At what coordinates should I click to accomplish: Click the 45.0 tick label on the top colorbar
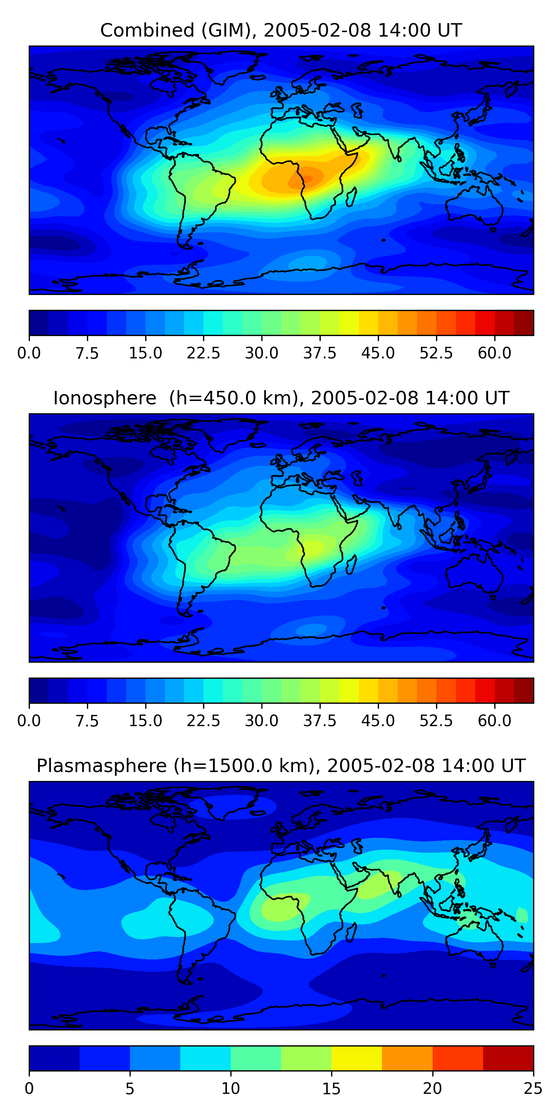click(378, 353)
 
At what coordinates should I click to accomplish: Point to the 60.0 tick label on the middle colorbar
click(494, 721)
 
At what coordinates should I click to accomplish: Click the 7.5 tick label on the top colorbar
click(87, 353)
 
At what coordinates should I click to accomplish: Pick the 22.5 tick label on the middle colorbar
click(203, 721)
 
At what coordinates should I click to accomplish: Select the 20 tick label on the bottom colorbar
click(432, 1089)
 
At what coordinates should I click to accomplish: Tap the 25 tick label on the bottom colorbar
click(533, 1089)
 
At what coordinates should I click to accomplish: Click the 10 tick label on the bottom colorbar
click(230, 1089)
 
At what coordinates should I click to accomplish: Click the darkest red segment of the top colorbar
click(523, 323)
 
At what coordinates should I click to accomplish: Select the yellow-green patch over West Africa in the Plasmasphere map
click(278, 909)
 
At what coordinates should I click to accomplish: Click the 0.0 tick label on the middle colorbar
click(29, 721)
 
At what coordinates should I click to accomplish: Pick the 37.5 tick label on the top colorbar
click(320, 353)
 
